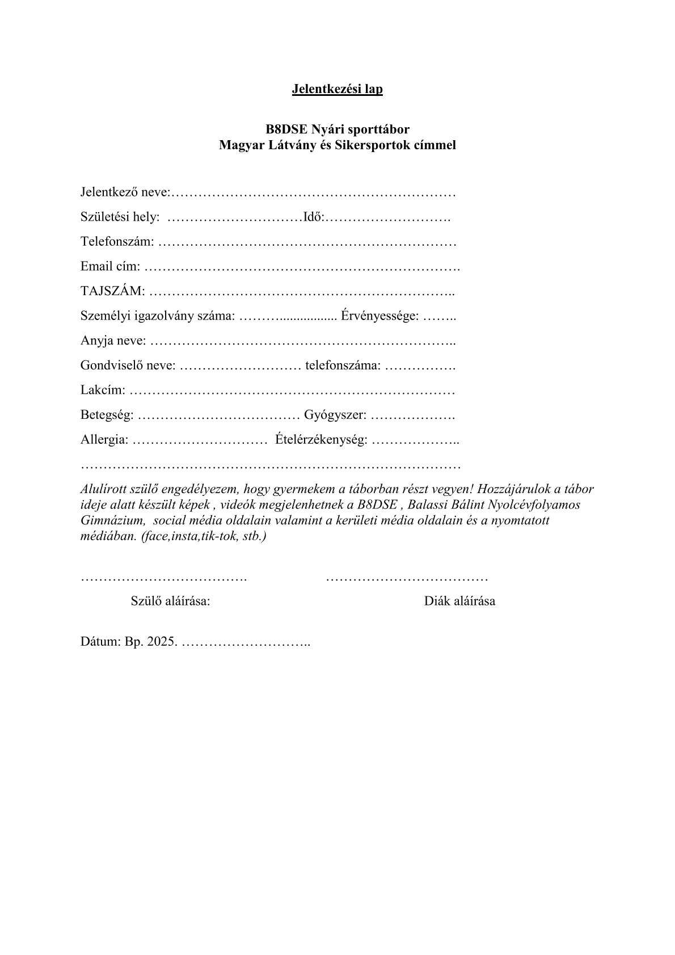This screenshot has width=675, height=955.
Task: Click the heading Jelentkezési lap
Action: [337, 89]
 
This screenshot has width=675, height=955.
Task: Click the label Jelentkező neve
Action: [125, 192]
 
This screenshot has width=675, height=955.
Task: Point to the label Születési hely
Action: [120, 217]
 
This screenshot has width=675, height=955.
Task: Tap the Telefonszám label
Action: [117, 242]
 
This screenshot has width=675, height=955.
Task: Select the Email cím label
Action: [110, 267]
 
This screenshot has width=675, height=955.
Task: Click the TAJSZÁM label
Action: [112, 291]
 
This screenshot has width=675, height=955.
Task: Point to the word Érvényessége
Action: [380, 316]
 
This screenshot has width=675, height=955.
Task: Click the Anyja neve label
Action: [113, 341]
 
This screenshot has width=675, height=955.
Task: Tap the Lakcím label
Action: [103, 390]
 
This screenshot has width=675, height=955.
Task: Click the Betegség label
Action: [107, 415]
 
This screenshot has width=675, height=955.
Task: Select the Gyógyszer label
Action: [335, 415]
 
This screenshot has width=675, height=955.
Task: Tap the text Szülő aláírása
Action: [170, 601]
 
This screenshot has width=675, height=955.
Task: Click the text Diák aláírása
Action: [459, 601]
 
